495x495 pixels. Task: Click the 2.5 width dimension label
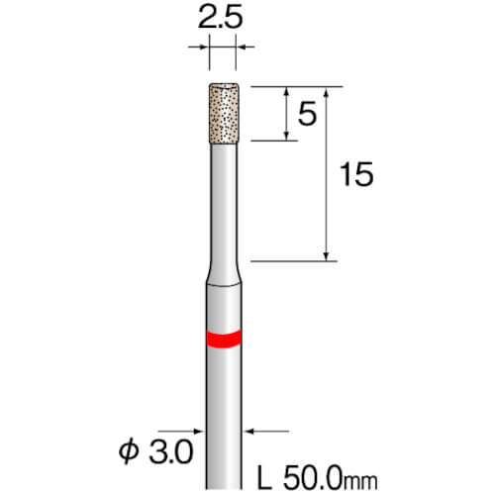(220, 17)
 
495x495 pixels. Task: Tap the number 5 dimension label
(307, 114)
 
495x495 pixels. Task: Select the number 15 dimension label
(356, 174)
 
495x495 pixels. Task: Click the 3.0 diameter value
(170, 452)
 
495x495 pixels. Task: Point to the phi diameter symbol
(129, 452)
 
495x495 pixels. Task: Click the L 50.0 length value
(300, 478)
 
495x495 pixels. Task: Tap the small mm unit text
(360, 482)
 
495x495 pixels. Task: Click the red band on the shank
(224, 340)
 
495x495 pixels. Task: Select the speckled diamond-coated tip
(224, 113)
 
